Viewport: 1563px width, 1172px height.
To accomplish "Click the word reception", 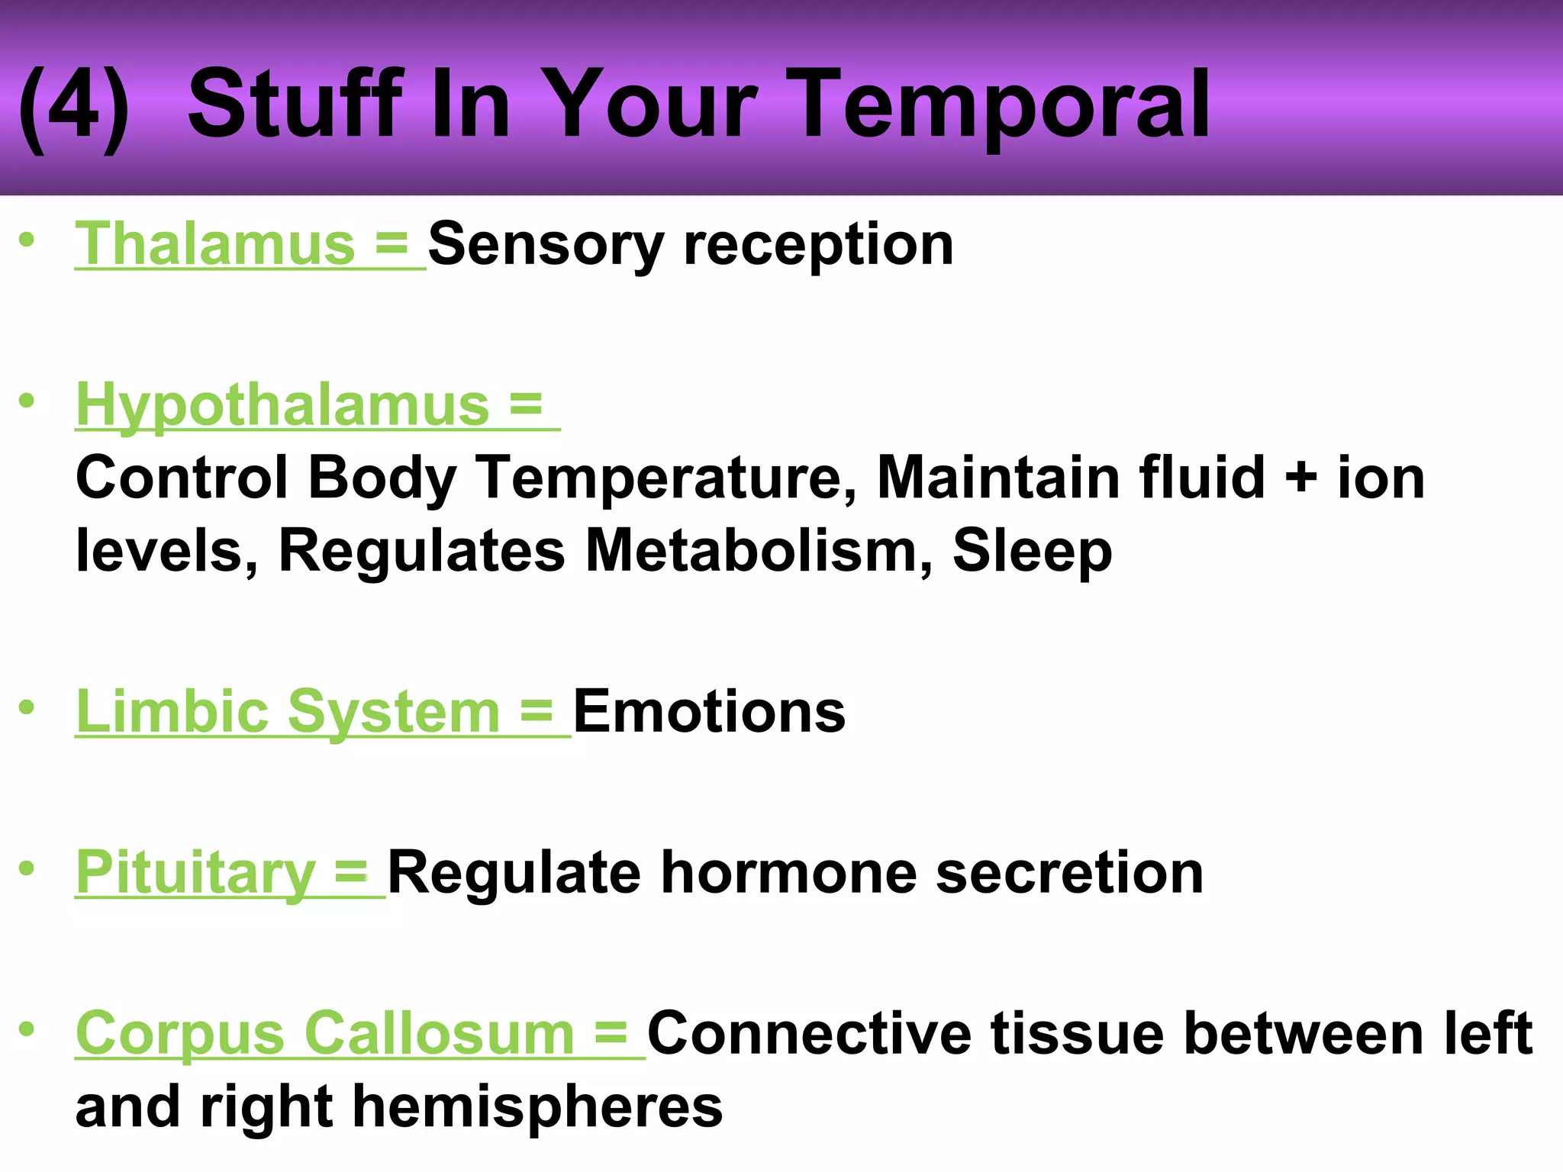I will (x=818, y=246).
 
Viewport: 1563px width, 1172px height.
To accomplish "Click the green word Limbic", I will (x=172, y=711).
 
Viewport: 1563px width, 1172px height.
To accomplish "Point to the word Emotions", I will (x=709, y=711).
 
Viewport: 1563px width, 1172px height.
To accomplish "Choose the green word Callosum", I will (x=439, y=1034).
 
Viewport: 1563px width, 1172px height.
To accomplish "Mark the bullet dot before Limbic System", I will (x=27, y=707).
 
